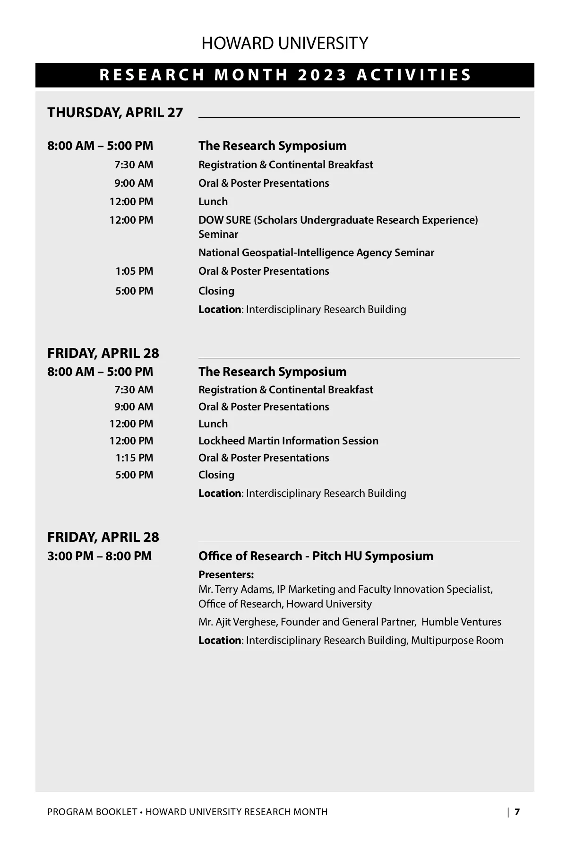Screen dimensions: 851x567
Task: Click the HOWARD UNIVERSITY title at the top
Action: pyautogui.click(x=284, y=43)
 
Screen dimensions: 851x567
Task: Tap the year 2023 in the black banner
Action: pyautogui.click(x=323, y=75)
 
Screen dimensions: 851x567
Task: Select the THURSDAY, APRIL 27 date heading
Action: pyautogui.click(x=115, y=113)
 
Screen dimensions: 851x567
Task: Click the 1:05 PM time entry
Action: pyautogui.click(x=134, y=271)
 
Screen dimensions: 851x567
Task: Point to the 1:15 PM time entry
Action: pyautogui.click(x=134, y=458)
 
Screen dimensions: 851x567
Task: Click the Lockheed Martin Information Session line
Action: pyautogui.click(x=288, y=441)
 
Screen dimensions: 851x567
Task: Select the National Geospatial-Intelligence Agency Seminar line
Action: pyautogui.click(x=316, y=253)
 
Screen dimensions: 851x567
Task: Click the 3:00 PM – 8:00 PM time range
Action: pyautogui.click(x=100, y=556)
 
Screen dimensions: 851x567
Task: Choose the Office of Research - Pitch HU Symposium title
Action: pyautogui.click(x=316, y=556)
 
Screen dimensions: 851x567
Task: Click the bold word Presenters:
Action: pyautogui.click(x=226, y=575)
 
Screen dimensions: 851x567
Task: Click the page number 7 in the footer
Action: pyautogui.click(x=517, y=812)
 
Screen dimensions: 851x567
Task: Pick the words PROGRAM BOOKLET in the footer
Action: pyautogui.click(x=92, y=812)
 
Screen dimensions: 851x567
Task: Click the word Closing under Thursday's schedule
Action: pyautogui.click(x=216, y=291)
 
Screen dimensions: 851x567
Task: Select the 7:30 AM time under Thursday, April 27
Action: pyautogui.click(x=134, y=165)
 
